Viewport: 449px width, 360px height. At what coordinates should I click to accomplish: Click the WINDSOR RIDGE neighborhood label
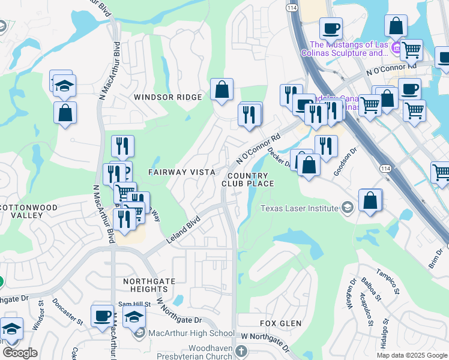click(168, 97)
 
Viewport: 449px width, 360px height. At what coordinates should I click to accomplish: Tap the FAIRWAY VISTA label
click(182, 172)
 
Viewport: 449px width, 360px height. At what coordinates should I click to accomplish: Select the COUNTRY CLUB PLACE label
click(247, 179)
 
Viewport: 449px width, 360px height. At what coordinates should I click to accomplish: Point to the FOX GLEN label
click(280, 323)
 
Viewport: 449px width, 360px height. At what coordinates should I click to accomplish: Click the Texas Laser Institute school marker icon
click(347, 208)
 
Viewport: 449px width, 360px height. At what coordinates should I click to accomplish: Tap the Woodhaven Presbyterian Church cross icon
click(241, 350)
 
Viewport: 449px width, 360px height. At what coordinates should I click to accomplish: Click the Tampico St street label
click(387, 282)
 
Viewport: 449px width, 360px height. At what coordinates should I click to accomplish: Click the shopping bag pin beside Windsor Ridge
click(221, 90)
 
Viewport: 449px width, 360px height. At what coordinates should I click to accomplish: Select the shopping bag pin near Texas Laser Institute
click(370, 200)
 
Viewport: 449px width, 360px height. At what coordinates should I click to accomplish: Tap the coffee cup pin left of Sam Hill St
click(102, 316)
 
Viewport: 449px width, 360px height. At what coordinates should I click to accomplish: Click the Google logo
click(20, 353)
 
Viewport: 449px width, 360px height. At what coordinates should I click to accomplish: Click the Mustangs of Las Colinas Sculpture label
click(348, 49)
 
